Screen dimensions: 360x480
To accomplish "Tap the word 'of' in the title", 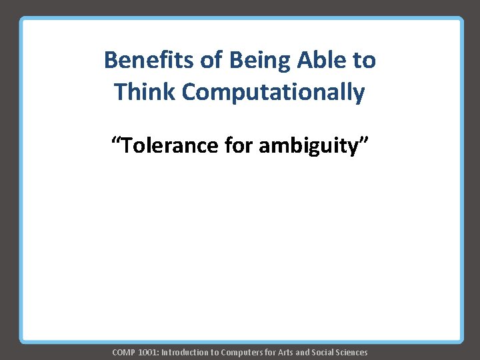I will tap(212, 61).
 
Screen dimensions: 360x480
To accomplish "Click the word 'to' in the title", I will tap(364, 61).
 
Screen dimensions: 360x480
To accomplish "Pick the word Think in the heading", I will tap(144, 92).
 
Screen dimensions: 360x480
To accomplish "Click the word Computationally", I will tap(273, 93).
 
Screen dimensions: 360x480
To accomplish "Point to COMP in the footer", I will tap(124, 352).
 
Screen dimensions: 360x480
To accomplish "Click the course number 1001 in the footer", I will tap(147, 352).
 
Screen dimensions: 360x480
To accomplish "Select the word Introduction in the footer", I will tap(184, 352).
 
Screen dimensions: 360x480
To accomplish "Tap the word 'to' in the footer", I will tap(215, 352).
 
